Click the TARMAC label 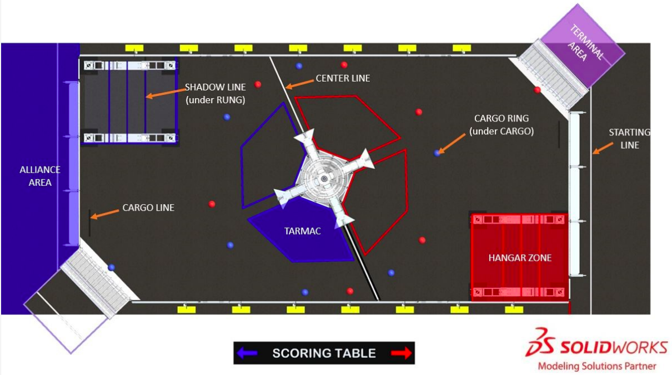coord(302,231)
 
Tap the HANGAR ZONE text coord(520,258)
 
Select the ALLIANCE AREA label coord(40,176)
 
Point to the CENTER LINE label coord(343,78)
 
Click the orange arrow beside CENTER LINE coord(299,84)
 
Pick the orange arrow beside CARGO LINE coord(105,214)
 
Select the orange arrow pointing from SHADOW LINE coord(166,93)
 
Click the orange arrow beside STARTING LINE coord(603,148)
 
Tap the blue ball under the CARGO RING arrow coord(437,153)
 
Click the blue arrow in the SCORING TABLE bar coord(247,353)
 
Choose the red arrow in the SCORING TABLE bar coord(402,353)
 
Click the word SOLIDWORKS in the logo coord(614,348)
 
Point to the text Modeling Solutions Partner coord(597,366)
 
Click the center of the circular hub coord(324,179)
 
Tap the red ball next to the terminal coord(537,89)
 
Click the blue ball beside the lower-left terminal coord(111,267)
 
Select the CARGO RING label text coord(502,125)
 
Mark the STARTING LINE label coord(629,139)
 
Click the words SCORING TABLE coord(324,353)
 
